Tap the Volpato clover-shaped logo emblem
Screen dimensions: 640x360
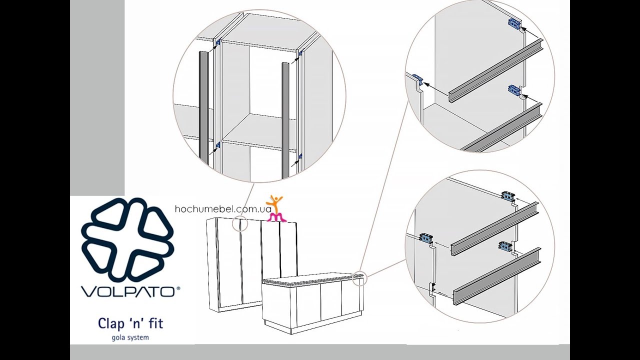pos(127,239)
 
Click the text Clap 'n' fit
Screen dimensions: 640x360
pos(130,323)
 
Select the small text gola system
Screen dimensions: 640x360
pos(130,337)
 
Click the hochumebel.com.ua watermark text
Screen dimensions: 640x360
pos(223,209)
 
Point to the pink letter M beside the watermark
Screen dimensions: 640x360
pos(276,217)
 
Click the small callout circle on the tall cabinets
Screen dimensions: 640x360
pos(239,223)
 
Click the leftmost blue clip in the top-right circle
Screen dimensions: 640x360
pos(417,77)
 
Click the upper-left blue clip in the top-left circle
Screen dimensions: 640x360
pos(217,42)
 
